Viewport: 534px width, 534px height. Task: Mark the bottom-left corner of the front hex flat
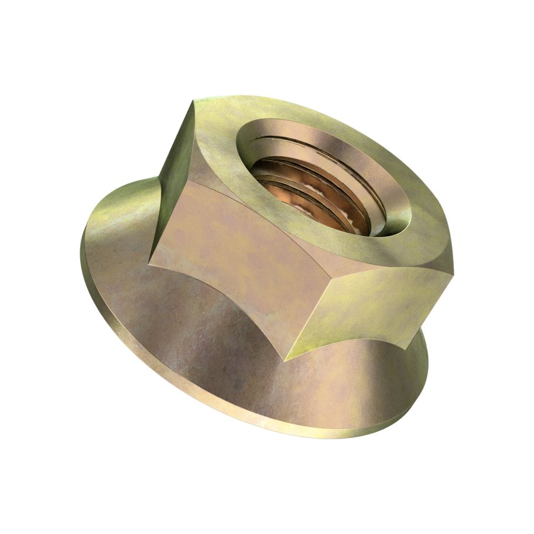point(149,260)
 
